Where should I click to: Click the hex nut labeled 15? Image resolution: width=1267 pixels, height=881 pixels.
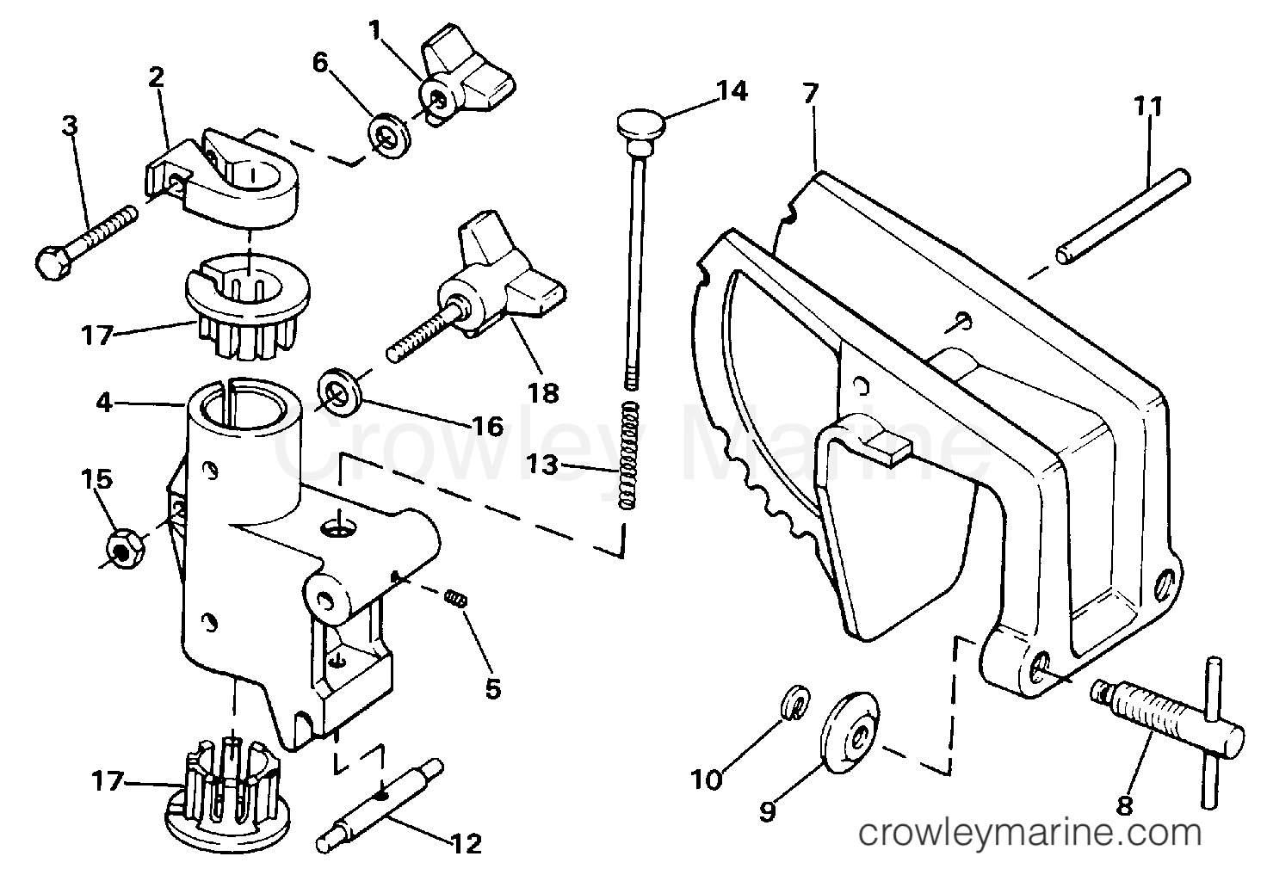(122, 548)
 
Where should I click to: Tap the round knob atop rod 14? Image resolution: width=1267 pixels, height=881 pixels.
(641, 126)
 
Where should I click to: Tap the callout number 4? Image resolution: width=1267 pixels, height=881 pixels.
(103, 402)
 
